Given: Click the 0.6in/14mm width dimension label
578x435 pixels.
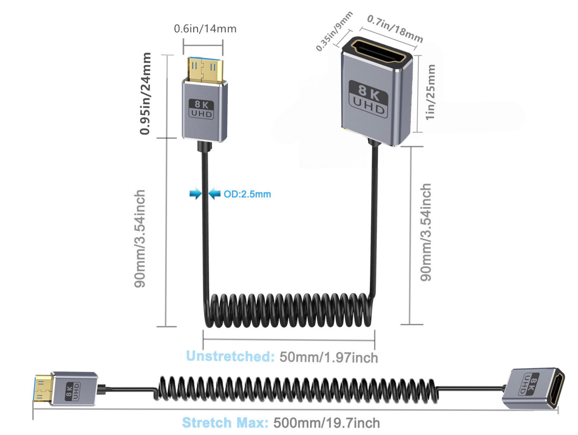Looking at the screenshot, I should coord(205,29).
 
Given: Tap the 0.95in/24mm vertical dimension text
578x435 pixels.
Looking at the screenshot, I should coord(145,94).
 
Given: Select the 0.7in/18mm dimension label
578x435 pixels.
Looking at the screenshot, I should coord(395,29).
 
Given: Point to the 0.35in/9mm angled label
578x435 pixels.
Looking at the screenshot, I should coord(334,31).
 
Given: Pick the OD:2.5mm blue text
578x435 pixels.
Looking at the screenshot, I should coord(247,194).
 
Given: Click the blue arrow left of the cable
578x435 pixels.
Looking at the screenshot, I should coord(196,194).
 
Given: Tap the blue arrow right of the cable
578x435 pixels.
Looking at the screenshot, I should coord(214,194).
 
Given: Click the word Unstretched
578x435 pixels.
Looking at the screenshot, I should coord(230,356).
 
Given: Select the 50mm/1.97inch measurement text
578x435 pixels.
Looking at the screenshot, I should coord(328,357).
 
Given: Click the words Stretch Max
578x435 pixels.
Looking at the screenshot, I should coord(225,423).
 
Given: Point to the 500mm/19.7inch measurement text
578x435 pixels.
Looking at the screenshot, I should coord(326,423).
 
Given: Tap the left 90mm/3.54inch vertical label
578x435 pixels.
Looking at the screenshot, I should coord(140,238).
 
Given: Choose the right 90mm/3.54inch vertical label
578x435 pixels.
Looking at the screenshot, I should coord(426,233).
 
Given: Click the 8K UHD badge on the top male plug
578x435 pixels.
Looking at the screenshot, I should coord(201,109).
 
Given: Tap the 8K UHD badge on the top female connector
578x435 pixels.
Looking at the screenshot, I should coord(368,98).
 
